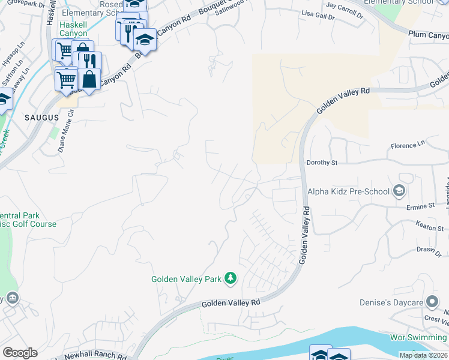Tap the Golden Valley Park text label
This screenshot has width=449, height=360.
pyautogui.click(x=186, y=279)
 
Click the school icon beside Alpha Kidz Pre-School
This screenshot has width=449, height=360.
pyautogui.click(x=398, y=191)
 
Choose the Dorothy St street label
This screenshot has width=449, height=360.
pyautogui.click(x=322, y=163)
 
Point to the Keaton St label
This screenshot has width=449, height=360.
pyautogui.click(x=429, y=228)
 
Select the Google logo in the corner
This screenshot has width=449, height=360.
pyautogui.click(x=20, y=353)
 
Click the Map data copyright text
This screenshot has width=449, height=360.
pyautogui.click(x=423, y=355)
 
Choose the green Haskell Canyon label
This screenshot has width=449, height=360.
pyautogui.click(x=73, y=29)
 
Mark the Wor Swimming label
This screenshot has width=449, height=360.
pyautogui.click(x=418, y=338)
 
